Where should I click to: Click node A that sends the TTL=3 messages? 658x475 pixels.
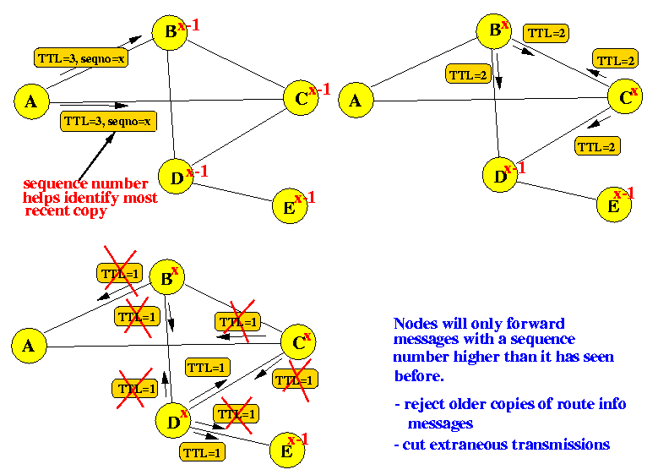click(31, 101)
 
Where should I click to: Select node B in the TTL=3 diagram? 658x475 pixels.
click(169, 32)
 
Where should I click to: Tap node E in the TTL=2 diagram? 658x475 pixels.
click(613, 205)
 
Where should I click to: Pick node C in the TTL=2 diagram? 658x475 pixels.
click(624, 98)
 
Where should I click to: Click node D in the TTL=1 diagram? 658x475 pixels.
click(174, 420)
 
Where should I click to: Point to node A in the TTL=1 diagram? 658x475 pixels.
click(28, 345)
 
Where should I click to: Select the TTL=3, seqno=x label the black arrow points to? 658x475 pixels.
click(108, 121)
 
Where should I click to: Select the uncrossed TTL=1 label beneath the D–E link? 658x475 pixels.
click(202, 452)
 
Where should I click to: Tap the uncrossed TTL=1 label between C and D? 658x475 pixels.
click(207, 368)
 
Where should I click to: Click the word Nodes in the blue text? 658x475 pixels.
click(415, 324)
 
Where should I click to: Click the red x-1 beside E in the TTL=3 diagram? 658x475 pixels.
click(306, 198)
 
